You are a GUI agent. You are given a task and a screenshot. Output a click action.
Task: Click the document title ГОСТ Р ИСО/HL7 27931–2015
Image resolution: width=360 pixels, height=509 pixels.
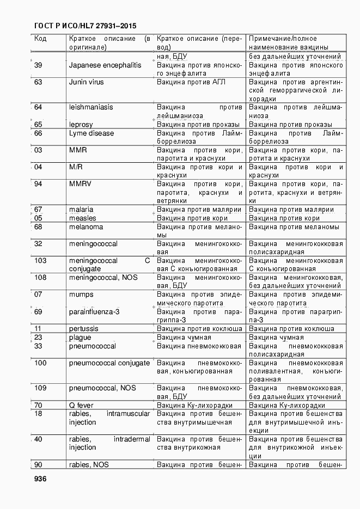pyautogui.click(x=86, y=26)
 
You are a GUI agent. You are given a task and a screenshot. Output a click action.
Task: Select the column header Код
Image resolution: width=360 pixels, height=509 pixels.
pyautogui.click(x=40, y=39)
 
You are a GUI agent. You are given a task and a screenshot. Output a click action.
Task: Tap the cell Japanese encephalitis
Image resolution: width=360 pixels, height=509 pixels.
pyautogui.click(x=105, y=65)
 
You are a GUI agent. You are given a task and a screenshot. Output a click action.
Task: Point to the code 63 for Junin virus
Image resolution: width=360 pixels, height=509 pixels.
pyautogui.click(x=38, y=82)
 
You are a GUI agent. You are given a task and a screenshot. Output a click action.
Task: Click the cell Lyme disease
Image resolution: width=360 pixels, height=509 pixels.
pyautogui.click(x=91, y=133)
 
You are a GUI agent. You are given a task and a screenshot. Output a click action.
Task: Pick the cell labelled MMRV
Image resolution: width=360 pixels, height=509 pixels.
pyautogui.click(x=80, y=184)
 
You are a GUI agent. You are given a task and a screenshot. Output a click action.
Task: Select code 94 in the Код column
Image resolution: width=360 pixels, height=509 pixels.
pyautogui.click(x=38, y=184)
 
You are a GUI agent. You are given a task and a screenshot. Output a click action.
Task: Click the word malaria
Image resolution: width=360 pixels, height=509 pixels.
pyautogui.click(x=81, y=210)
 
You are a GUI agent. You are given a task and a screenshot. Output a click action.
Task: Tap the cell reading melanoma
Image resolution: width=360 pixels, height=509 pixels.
pyautogui.click(x=86, y=227)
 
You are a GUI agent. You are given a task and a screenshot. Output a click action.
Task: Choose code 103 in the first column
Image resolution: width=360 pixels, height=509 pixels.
pyautogui.click(x=40, y=261)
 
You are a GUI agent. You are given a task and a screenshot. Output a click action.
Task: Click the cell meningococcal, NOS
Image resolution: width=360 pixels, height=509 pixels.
pyautogui.click(x=103, y=278)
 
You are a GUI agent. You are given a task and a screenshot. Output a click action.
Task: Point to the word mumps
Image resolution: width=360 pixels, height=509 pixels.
pyautogui.click(x=81, y=295)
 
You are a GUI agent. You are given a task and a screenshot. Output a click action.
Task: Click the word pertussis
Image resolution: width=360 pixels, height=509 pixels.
pyautogui.click(x=84, y=329)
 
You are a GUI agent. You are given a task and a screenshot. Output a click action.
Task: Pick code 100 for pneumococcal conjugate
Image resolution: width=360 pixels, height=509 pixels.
pyautogui.click(x=40, y=363)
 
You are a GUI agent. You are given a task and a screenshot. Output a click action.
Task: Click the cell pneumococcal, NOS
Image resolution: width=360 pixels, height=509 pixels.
pyautogui.click(x=102, y=388)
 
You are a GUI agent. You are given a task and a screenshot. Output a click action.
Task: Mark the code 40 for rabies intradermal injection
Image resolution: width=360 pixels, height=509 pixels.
pyautogui.click(x=38, y=439)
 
